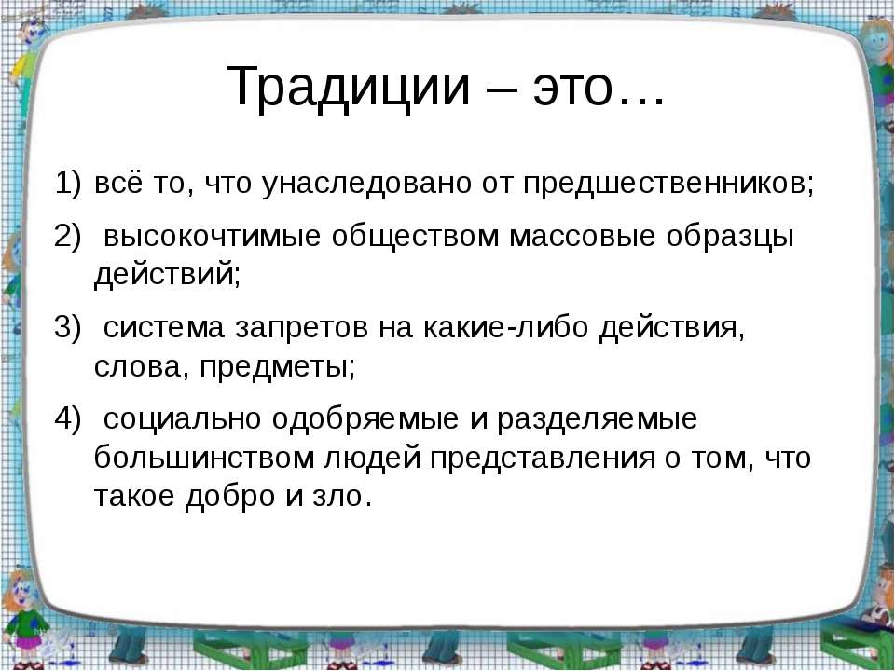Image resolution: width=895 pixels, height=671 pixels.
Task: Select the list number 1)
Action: click(68, 184)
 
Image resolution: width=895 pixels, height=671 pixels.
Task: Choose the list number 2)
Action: click(68, 236)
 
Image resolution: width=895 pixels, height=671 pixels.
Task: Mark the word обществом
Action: click(415, 237)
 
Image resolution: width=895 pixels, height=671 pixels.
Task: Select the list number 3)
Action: click(68, 327)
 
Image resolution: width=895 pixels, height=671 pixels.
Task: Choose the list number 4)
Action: click(68, 418)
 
